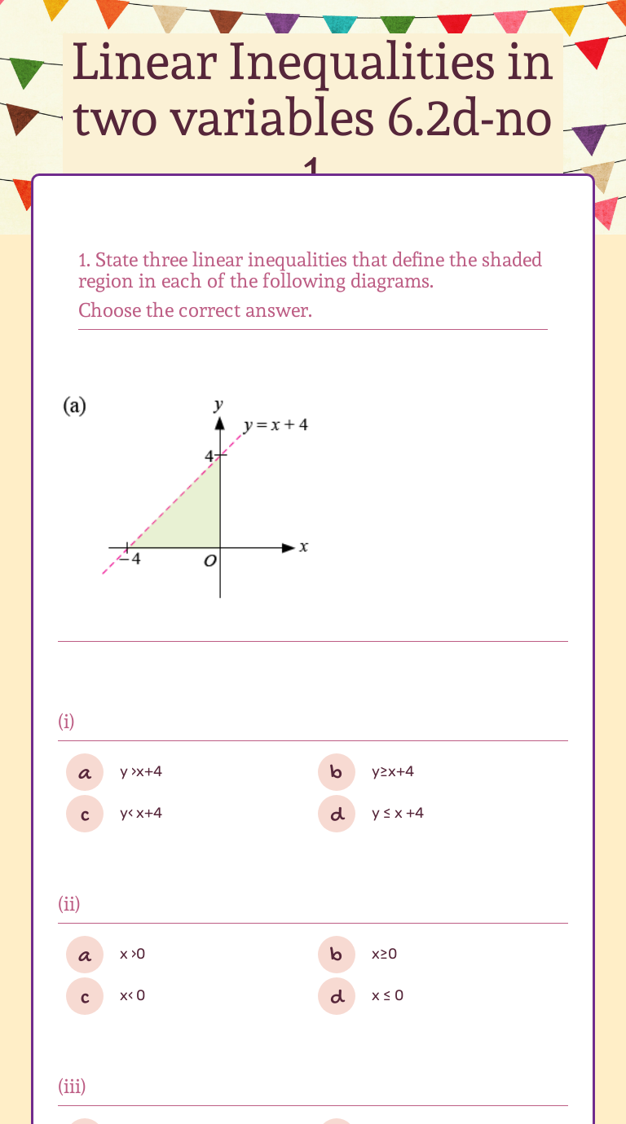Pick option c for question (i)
pyautogui.click(x=85, y=814)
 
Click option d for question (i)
pyautogui.click(x=337, y=814)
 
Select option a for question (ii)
pyautogui.click(x=85, y=954)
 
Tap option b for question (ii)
pyautogui.click(x=337, y=954)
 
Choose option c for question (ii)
pyautogui.click(x=85, y=995)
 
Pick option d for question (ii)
pyautogui.click(x=337, y=995)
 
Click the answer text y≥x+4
pyautogui.click(x=393, y=771)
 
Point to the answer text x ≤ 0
pyautogui.click(x=387, y=995)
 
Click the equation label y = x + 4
pyautogui.click(x=276, y=425)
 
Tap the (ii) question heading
pyautogui.click(x=69, y=903)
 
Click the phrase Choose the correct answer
pyautogui.click(x=195, y=310)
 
